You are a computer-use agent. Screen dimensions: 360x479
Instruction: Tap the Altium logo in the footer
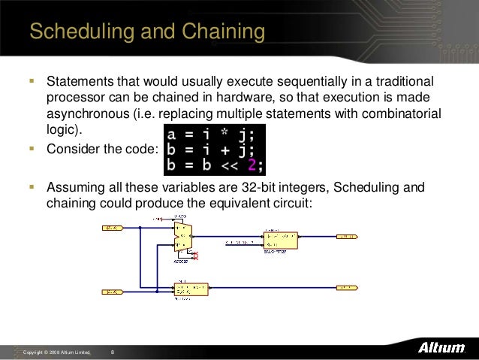click(x=441, y=350)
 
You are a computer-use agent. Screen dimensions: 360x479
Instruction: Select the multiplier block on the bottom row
click(x=191, y=289)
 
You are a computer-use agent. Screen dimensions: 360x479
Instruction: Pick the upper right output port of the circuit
click(x=348, y=236)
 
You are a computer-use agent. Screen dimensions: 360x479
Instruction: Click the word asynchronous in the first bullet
click(x=85, y=113)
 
